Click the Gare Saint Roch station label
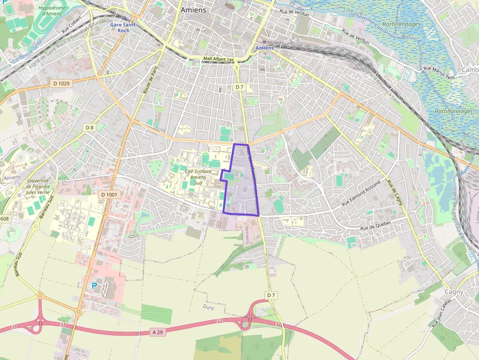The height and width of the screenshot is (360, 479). pyautogui.click(x=123, y=27)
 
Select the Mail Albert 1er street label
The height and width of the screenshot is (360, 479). pyautogui.click(x=218, y=59)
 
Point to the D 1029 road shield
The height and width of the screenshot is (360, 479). pyautogui.click(x=61, y=84)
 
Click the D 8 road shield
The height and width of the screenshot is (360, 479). pyautogui.click(x=89, y=127)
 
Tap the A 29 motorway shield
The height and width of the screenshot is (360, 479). pyautogui.click(x=157, y=332)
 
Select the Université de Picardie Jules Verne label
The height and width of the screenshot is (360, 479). pyautogui.click(x=41, y=187)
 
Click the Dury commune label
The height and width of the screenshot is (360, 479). pyautogui.click(x=208, y=307)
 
